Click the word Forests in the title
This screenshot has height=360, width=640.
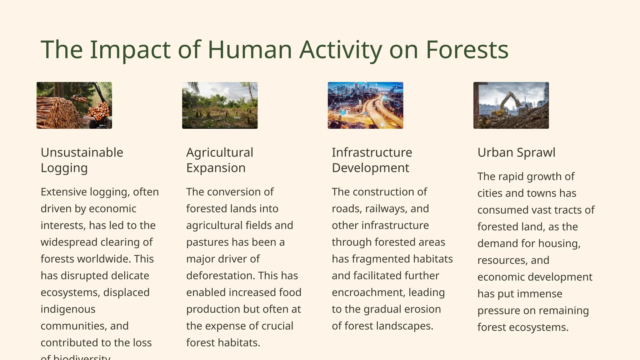[x=467, y=50]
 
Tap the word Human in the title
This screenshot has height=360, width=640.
[x=249, y=50]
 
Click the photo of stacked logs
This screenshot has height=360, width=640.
[x=74, y=105]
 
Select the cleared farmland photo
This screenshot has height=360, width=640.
[x=220, y=105]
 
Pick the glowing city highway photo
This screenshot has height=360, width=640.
[x=365, y=105]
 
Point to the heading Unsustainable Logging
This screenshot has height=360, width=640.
[x=82, y=160]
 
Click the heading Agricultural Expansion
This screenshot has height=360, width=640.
[x=220, y=160]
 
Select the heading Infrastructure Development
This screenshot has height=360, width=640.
[x=372, y=160]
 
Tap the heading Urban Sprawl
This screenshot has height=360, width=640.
[x=516, y=152]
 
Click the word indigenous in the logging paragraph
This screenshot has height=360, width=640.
[x=68, y=309]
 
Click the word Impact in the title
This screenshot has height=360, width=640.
[x=130, y=50]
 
